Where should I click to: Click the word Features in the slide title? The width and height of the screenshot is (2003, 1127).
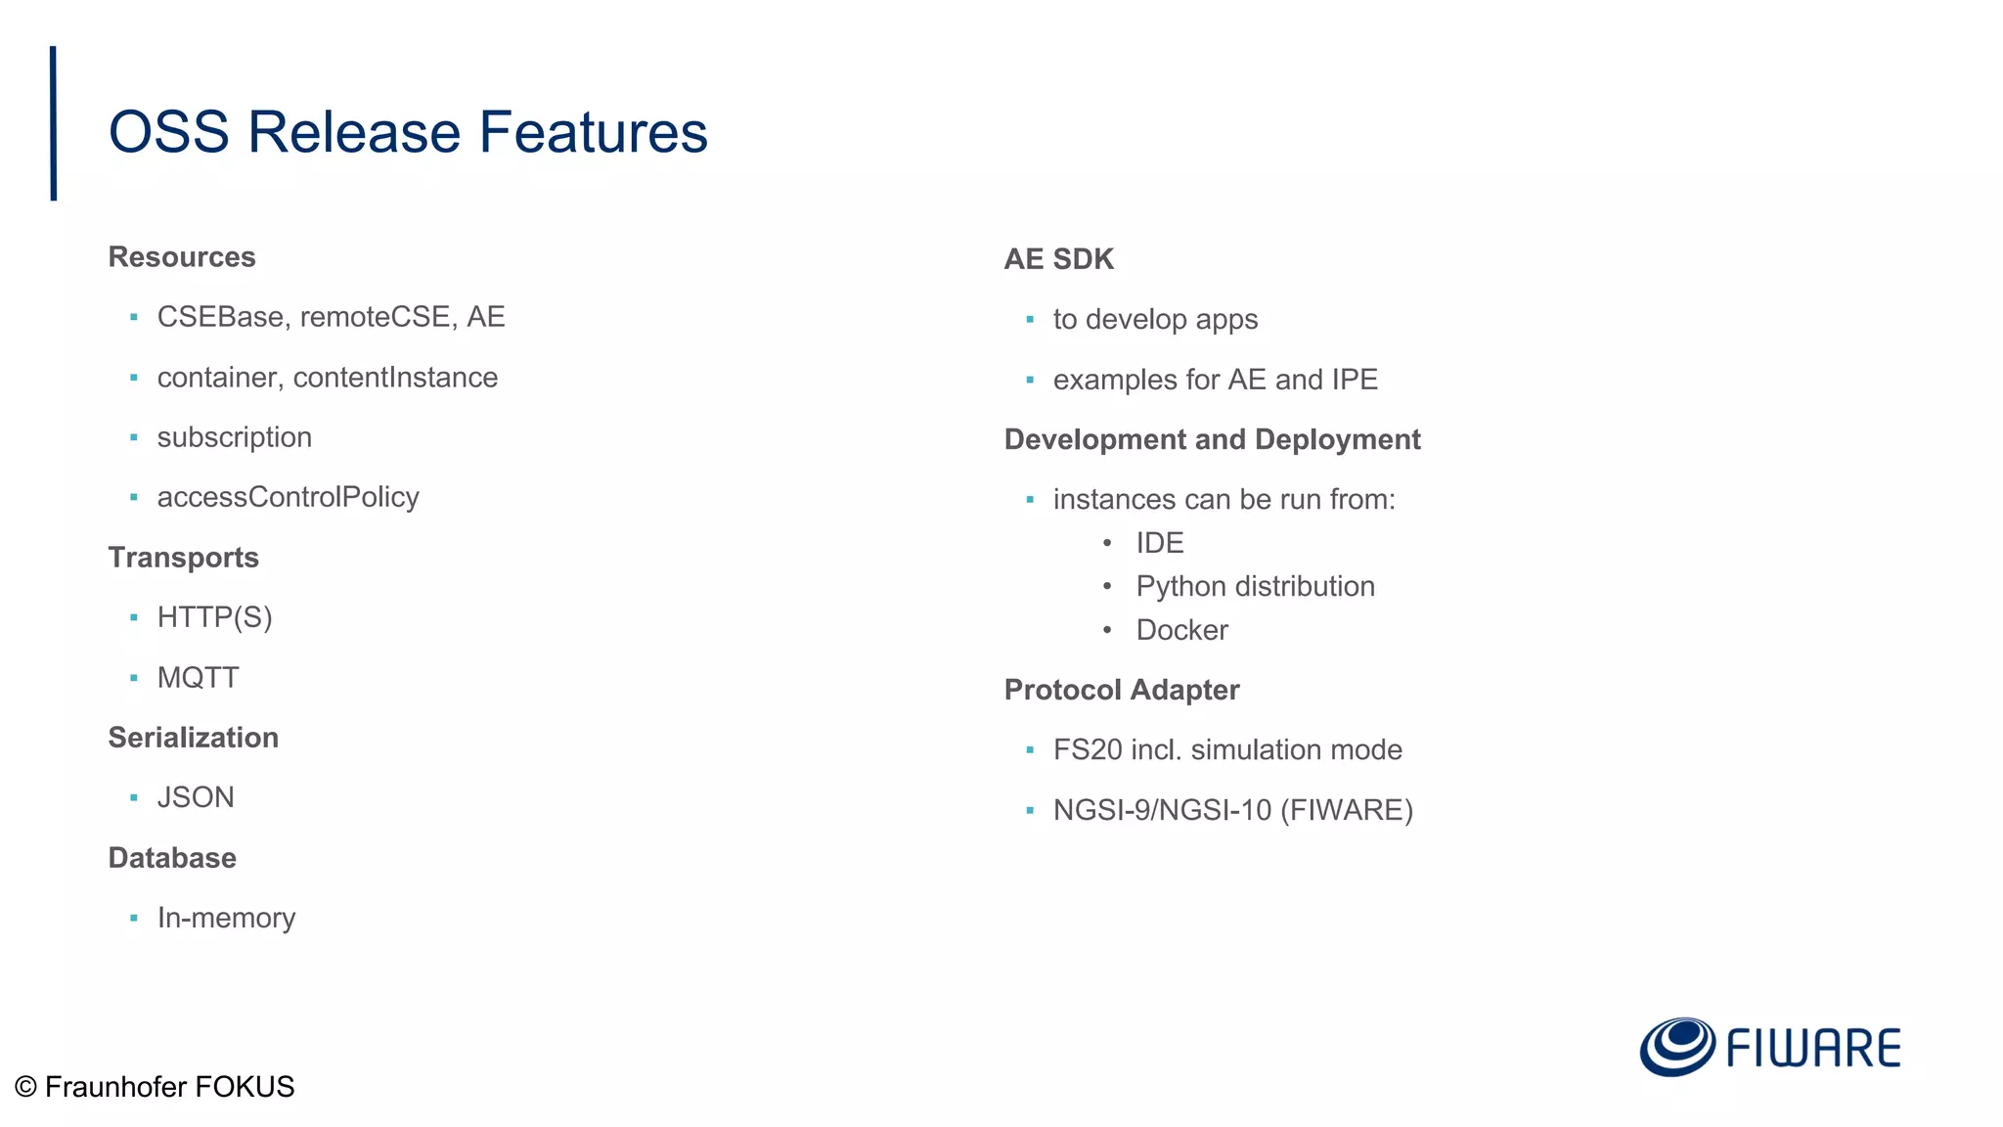click(x=593, y=132)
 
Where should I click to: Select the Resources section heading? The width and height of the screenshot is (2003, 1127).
click(x=182, y=257)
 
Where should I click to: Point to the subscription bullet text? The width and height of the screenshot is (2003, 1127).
click(x=235, y=437)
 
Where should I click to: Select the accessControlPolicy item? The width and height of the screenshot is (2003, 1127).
click(x=288, y=497)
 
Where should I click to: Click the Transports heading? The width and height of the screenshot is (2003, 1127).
click(x=184, y=558)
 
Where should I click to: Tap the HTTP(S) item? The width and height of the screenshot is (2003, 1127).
click(x=214, y=617)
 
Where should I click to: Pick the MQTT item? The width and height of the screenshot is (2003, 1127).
click(x=198, y=678)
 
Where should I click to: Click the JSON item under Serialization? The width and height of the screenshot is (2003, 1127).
click(x=196, y=797)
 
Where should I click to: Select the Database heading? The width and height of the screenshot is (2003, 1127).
click(x=172, y=858)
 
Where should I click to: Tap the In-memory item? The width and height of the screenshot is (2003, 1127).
click(x=226, y=918)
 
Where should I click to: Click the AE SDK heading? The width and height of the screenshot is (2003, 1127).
click(x=1058, y=259)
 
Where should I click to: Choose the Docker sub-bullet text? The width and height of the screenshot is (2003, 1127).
click(x=1181, y=630)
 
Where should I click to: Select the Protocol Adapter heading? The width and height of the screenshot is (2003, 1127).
click(x=1122, y=690)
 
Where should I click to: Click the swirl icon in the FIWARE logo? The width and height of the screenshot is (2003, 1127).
click(x=1676, y=1047)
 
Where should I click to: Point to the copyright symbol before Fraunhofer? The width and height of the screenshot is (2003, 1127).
click(x=26, y=1087)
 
